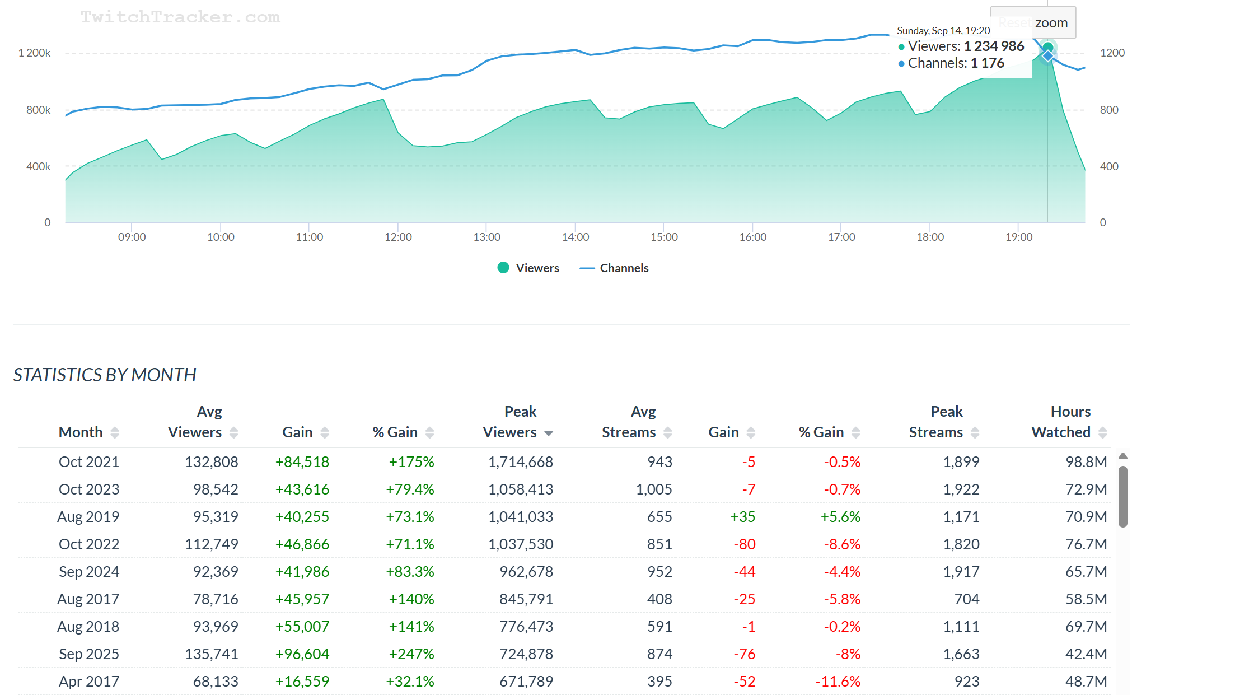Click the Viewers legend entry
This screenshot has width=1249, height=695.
coord(528,268)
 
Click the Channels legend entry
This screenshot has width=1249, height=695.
coord(615,268)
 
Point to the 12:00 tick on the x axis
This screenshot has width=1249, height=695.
coord(398,237)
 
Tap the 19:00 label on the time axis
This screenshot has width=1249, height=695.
coord(1018,237)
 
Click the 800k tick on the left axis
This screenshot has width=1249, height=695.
coord(38,110)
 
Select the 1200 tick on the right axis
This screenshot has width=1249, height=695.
coord(1112,53)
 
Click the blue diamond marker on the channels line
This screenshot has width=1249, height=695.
coord(1047,56)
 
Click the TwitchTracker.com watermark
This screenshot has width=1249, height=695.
coord(180,17)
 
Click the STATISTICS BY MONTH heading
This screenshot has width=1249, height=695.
coord(105,375)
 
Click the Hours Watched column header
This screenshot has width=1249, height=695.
coord(1061,422)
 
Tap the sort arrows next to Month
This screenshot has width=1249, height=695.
coord(115,432)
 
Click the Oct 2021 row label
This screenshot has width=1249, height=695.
coord(89,462)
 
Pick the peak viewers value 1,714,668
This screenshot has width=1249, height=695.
coord(520,462)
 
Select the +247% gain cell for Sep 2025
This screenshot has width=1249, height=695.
coord(411,654)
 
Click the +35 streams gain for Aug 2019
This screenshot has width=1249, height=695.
coord(742,517)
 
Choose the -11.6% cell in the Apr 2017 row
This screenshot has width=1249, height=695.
coord(838,682)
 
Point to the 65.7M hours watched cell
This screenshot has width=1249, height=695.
coord(1086,572)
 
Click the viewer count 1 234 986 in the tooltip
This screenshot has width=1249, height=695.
coord(994,46)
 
